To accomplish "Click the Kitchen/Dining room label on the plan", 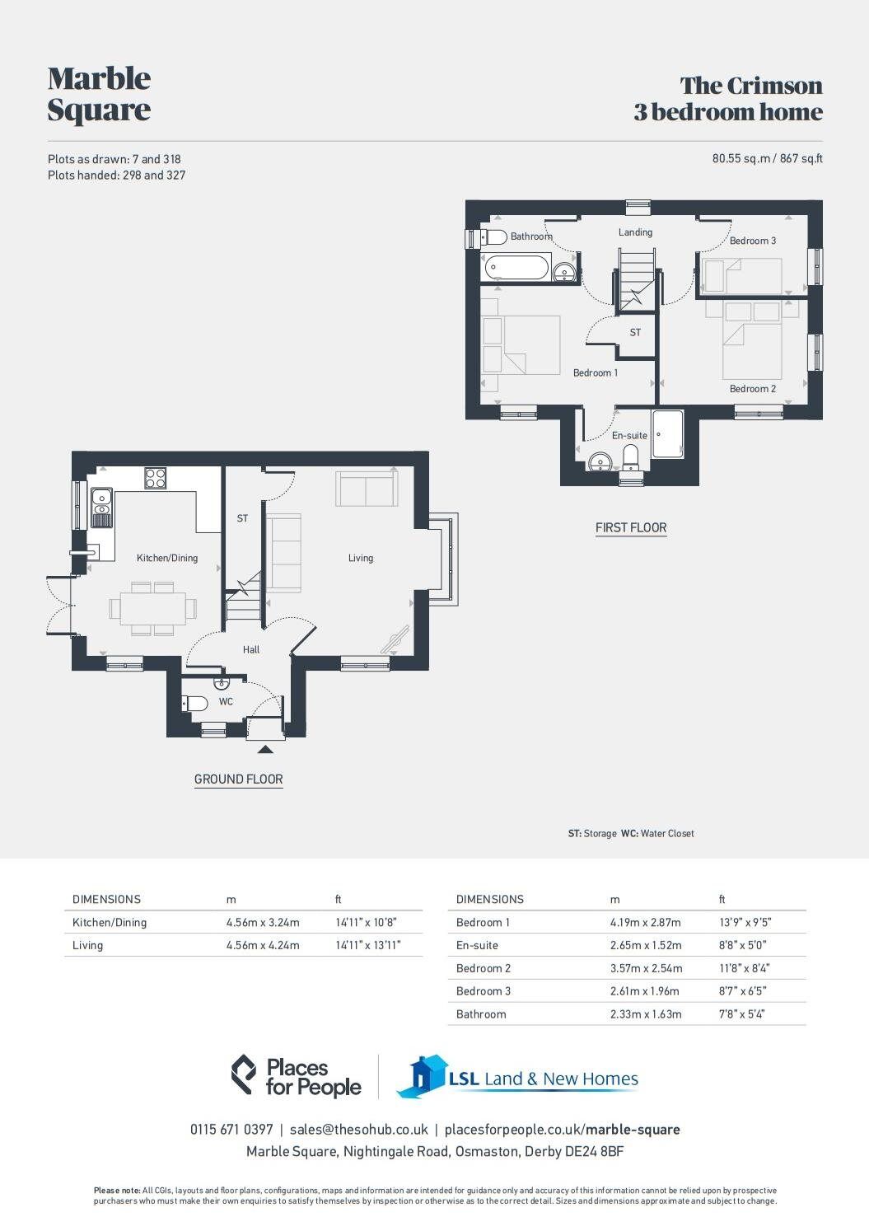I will [x=167, y=558].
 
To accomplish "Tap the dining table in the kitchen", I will [x=153, y=608].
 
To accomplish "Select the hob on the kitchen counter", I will [x=155, y=478].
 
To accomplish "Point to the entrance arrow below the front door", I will [x=265, y=748].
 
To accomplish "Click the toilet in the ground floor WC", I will [x=195, y=704].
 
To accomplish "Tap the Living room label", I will [x=360, y=558].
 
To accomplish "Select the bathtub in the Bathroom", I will [x=516, y=267].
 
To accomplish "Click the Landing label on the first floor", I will [x=635, y=232].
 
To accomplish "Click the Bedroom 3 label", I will [x=752, y=241].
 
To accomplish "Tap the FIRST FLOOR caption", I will [x=631, y=527].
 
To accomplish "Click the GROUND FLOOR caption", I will [x=238, y=779].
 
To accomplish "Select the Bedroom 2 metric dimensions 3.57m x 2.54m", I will [x=646, y=968].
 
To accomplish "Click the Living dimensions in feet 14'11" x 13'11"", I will [x=367, y=945].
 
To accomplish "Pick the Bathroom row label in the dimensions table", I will [x=481, y=1014].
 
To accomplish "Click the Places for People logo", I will [x=296, y=1076].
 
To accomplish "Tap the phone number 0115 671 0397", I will [x=231, y=1130].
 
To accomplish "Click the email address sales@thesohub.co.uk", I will [x=358, y=1130].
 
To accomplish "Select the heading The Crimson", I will [x=751, y=86].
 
